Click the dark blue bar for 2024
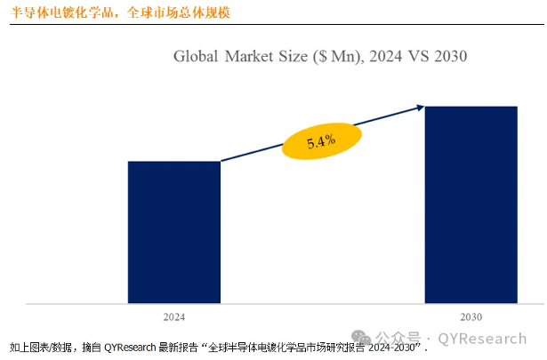174,231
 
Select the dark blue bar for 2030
471,204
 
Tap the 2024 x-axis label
174,316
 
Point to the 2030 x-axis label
471,316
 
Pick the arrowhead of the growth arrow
420,108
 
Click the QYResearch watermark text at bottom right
480,339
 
